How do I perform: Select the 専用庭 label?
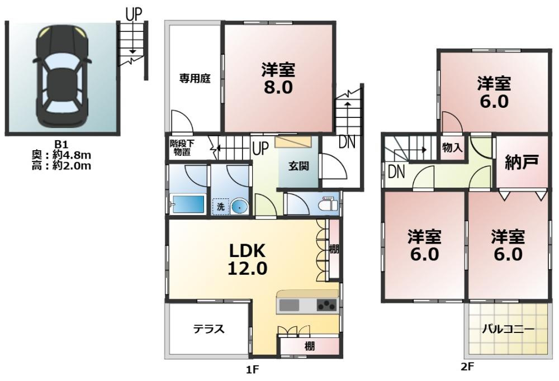[x=195, y=78]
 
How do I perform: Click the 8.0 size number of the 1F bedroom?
[x=278, y=87]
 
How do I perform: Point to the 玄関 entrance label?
[x=299, y=166]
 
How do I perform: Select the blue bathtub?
[x=187, y=204]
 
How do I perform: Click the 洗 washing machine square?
[x=221, y=207]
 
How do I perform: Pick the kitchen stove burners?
[x=327, y=306]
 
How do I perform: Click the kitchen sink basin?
[x=289, y=306]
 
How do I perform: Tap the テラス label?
[x=209, y=328]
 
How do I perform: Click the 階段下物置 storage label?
[x=182, y=148]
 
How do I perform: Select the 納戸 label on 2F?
[x=522, y=162]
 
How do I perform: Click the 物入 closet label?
[x=452, y=147]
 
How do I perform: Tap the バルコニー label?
[x=508, y=329]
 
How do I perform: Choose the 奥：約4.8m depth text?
[x=61, y=155]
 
